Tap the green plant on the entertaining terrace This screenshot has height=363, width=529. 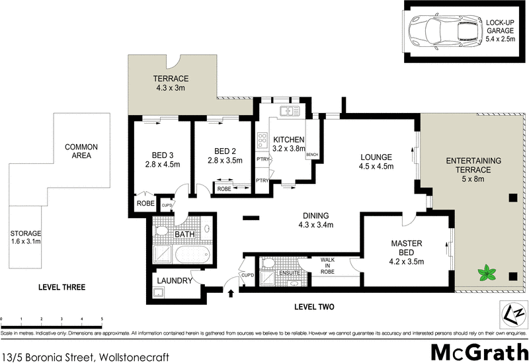pos(489,271)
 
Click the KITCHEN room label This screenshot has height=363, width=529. pos(288,140)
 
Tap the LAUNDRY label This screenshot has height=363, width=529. pos(174,281)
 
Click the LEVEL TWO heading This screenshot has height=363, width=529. pos(314,306)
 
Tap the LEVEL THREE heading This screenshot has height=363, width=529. pos(61,287)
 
